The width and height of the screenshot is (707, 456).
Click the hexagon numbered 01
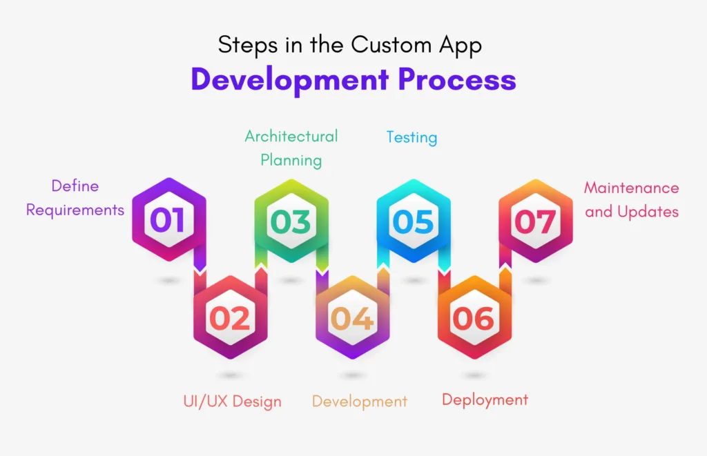(x=169, y=220)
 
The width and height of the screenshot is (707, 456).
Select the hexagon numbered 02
(x=230, y=318)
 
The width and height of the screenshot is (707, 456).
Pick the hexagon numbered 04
(x=352, y=318)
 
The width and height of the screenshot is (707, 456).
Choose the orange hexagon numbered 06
(x=474, y=318)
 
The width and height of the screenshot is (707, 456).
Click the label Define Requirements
(x=75, y=198)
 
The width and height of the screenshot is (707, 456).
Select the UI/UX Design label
(x=232, y=401)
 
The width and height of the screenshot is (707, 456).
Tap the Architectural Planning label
(x=291, y=148)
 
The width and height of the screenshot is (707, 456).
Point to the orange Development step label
(x=360, y=401)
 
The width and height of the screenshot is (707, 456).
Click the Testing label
(x=411, y=137)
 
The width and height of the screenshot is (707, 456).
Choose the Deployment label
(x=485, y=399)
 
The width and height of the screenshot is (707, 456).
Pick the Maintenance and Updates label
(x=632, y=199)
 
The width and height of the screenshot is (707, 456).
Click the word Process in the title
(x=457, y=80)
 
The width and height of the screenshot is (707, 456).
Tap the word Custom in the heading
(x=391, y=45)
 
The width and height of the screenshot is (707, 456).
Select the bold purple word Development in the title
(x=289, y=80)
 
